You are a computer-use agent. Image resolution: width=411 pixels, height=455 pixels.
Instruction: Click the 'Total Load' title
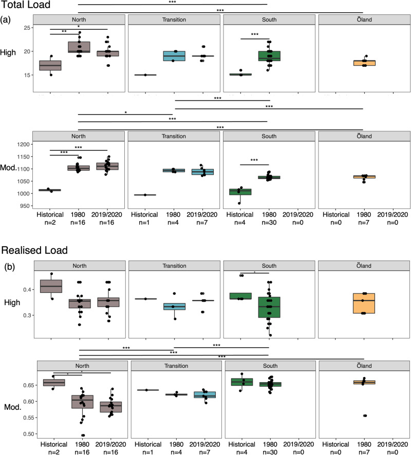[x=25, y=6]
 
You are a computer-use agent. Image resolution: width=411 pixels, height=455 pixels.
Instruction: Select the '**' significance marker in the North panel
[x=65, y=31]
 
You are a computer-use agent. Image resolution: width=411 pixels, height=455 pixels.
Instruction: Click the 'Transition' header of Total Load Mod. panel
[x=174, y=136]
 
